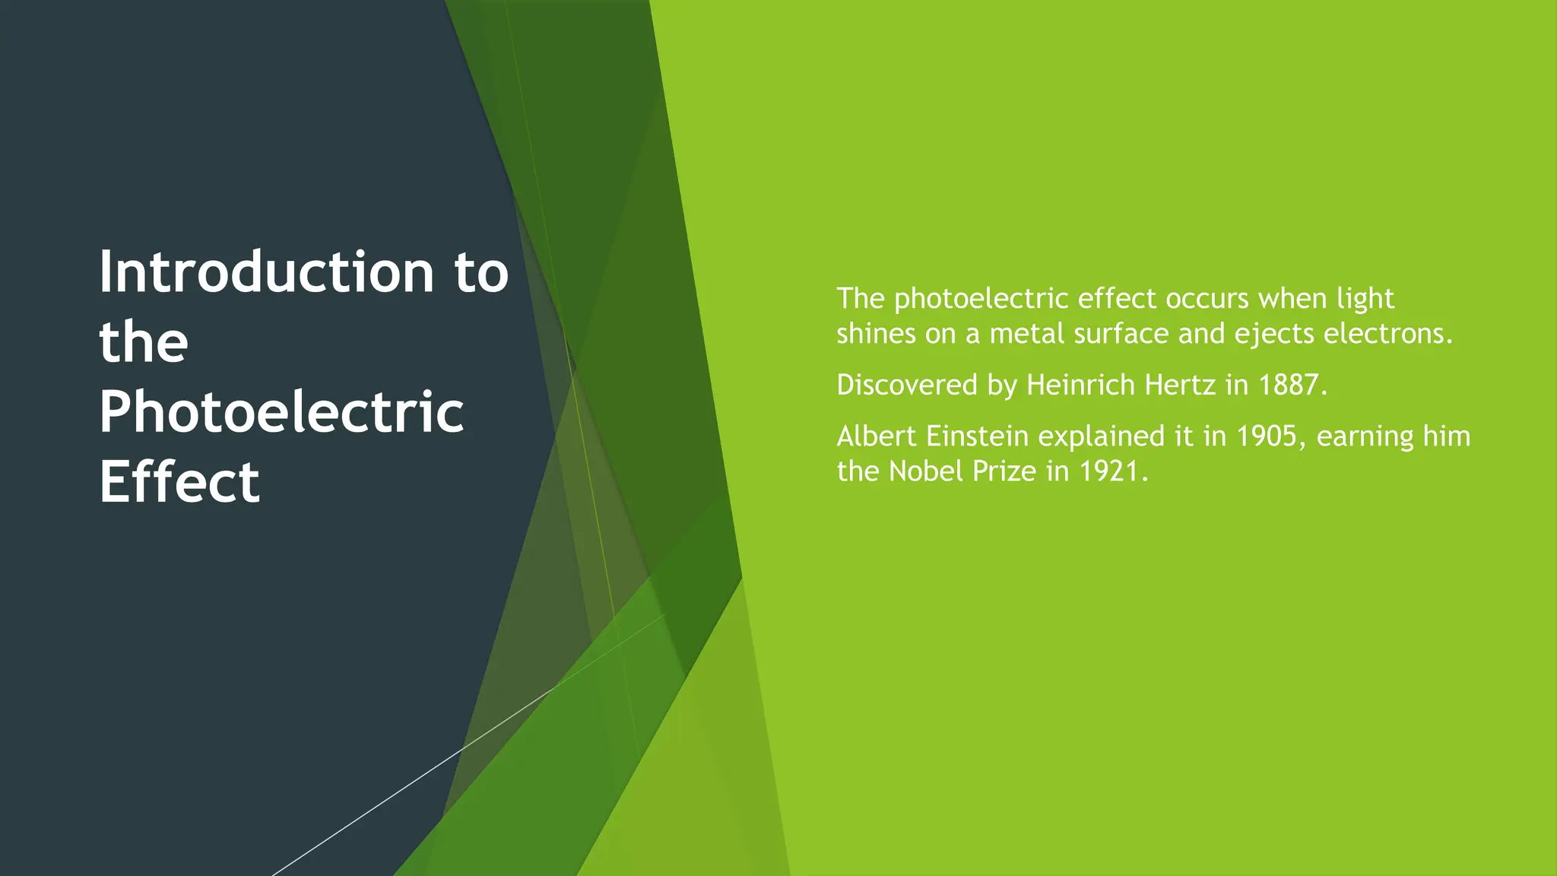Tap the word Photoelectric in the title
pyautogui.click(x=281, y=412)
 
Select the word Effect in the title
pyautogui.click(x=179, y=482)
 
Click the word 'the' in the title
pyautogui.click(x=144, y=342)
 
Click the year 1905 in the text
pyautogui.click(x=1266, y=436)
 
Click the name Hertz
pyautogui.click(x=1180, y=386)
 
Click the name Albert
pyautogui.click(x=877, y=436)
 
